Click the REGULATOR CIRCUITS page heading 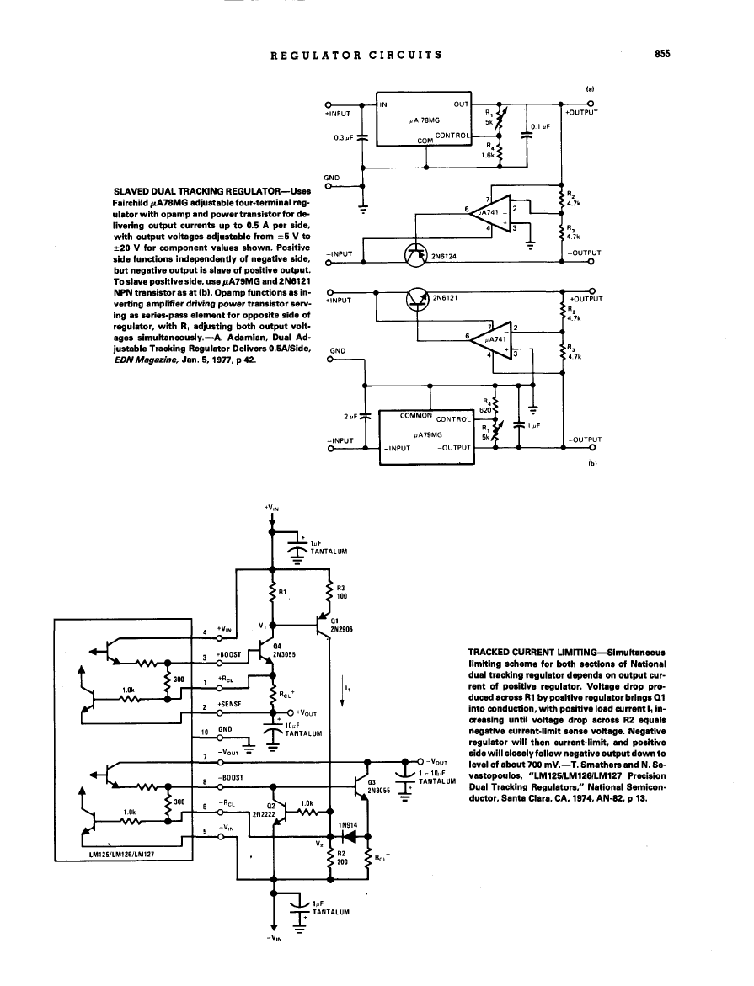click(356, 55)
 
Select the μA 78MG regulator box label click(419, 120)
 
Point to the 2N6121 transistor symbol click(418, 300)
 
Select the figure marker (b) click(590, 462)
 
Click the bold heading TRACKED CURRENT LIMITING click(532, 652)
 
